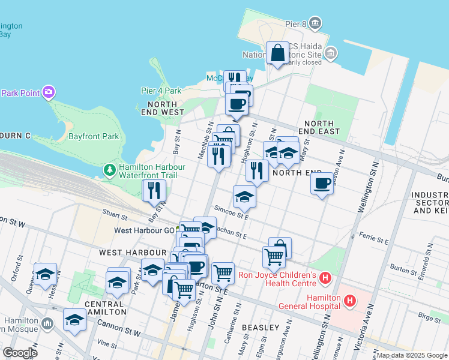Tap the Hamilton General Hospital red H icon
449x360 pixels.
pos(350,299)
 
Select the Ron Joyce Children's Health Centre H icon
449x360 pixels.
pos(325,278)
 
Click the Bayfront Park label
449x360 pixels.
pos(94,136)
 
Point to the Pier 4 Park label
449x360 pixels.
pos(161,91)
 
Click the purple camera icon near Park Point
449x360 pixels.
pos(49,92)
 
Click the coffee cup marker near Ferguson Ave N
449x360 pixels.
pos(322,183)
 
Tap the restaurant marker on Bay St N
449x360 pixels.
pos(154,190)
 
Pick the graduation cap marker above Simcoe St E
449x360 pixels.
pos(244,196)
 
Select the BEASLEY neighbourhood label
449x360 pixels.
pos(261,328)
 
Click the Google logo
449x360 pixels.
pos(19,353)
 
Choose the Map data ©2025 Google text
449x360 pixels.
pos(412,355)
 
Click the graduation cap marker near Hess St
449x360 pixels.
pos(45,274)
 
